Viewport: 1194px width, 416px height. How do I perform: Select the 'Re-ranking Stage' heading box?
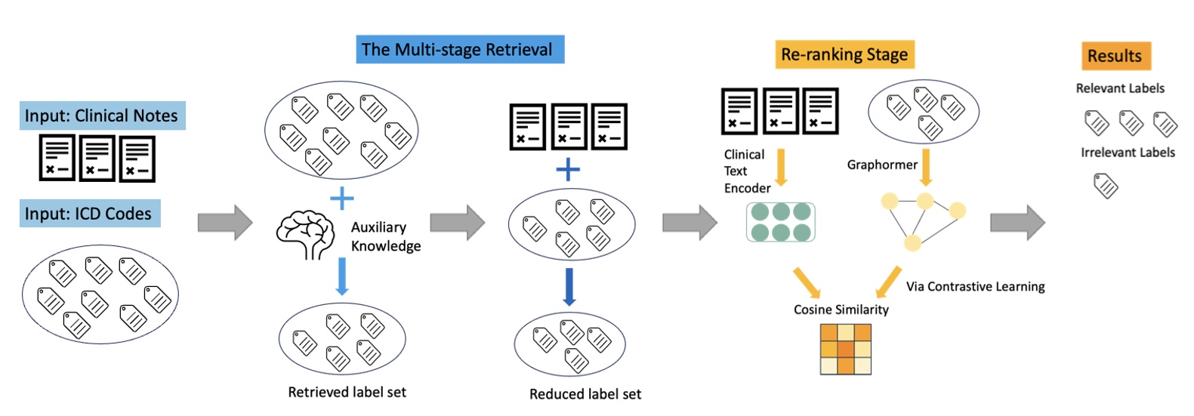click(x=844, y=54)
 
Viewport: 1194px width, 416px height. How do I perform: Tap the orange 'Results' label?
click(x=1115, y=56)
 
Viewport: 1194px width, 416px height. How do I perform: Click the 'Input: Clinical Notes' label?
click(x=102, y=116)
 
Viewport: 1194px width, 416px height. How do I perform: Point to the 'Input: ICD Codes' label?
click(x=89, y=214)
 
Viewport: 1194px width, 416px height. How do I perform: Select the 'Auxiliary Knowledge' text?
click(x=385, y=236)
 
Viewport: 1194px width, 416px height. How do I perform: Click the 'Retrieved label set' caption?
click(x=347, y=392)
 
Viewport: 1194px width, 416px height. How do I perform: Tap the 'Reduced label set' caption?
click(x=585, y=394)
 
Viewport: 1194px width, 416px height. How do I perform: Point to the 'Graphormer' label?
click(x=881, y=165)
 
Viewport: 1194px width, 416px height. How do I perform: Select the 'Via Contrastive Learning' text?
click(x=975, y=286)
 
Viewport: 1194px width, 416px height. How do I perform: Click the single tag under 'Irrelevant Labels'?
click(x=1106, y=185)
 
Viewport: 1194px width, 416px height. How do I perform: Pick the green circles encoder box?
click(x=780, y=222)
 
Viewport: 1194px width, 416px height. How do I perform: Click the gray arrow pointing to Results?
click(x=1017, y=222)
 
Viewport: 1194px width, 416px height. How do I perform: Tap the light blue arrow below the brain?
click(x=341, y=276)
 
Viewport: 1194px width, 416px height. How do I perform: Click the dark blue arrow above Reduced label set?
click(x=569, y=287)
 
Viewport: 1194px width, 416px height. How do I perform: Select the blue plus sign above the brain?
click(x=341, y=199)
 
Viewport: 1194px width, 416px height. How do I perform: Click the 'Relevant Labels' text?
click(x=1119, y=88)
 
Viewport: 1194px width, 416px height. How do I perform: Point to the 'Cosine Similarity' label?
click(x=841, y=310)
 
